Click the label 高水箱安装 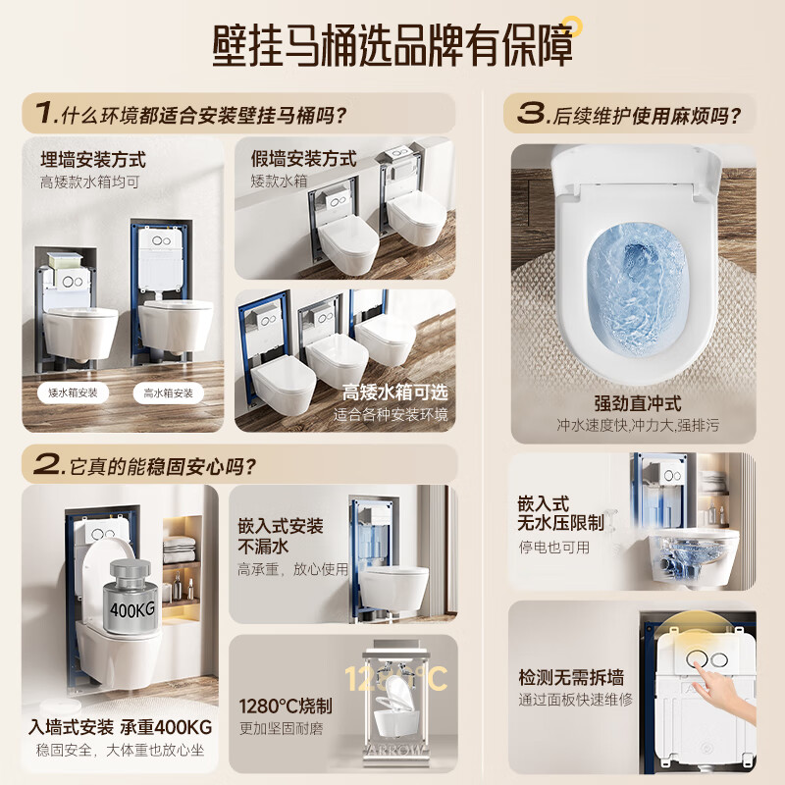coord(168,392)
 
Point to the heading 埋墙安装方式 coord(92,159)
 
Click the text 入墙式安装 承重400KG coord(120,729)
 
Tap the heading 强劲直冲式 coord(637,403)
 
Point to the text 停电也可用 coord(554,548)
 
